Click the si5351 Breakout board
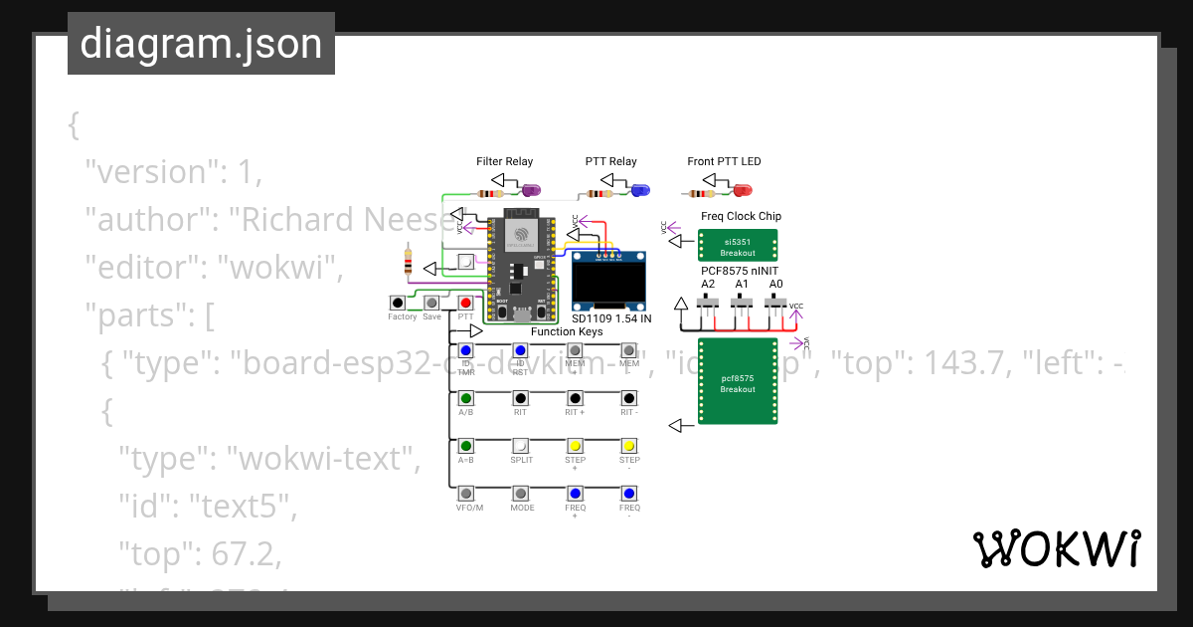click(x=738, y=246)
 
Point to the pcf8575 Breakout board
click(x=738, y=382)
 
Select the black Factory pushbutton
click(x=398, y=303)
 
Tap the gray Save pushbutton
click(x=431, y=303)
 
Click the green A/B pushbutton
click(x=465, y=398)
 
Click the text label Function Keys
click(x=567, y=331)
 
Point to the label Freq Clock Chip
click(x=741, y=216)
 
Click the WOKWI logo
click(x=1056, y=548)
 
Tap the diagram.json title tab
click(x=201, y=44)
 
